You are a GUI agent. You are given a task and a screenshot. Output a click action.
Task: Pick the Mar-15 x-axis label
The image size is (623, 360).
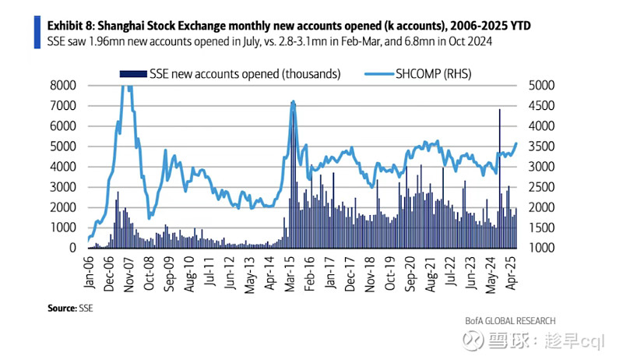click(292, 274)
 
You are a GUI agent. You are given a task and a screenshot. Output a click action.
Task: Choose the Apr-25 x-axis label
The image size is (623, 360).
click(512, 274)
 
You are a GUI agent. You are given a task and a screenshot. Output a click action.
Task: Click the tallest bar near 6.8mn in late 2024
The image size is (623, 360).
click(499, 110)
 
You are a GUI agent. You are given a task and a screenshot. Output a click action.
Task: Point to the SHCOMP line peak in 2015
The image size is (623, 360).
click(293, 102)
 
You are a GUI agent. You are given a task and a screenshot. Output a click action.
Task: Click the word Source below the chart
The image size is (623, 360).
click(61, 308)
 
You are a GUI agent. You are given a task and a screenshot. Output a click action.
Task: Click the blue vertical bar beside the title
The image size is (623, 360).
click(37, 33)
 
